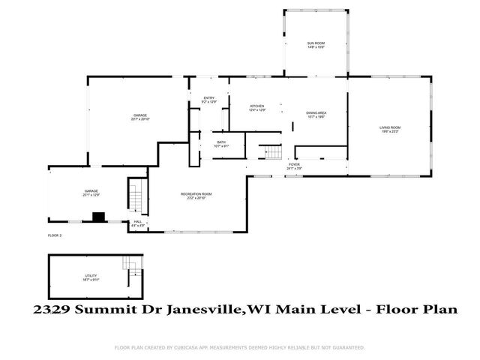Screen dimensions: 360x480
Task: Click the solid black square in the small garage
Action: (97, 217)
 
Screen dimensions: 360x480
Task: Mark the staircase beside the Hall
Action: (136, 197)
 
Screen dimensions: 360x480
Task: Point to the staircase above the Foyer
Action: (269, 153)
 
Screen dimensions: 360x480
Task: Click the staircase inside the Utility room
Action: (133, 264)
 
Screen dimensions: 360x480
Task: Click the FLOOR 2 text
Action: (55, 235)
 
